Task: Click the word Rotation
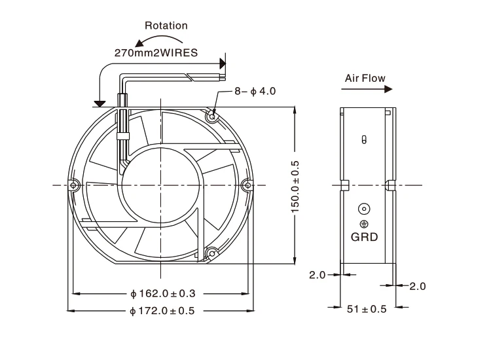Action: point(166,26)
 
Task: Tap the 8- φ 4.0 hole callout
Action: point(255,91)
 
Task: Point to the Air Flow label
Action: point(365,78)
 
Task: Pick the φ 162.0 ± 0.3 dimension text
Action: point(163,293)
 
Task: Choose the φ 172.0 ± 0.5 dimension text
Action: point(163,312)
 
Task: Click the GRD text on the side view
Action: point(365,238)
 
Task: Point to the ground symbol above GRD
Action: point(364,224)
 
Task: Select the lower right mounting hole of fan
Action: point(211,253)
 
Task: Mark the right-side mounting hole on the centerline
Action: point(246,185)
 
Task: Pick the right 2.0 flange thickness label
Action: point(418,286)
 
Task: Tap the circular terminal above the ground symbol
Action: point(364,209)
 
